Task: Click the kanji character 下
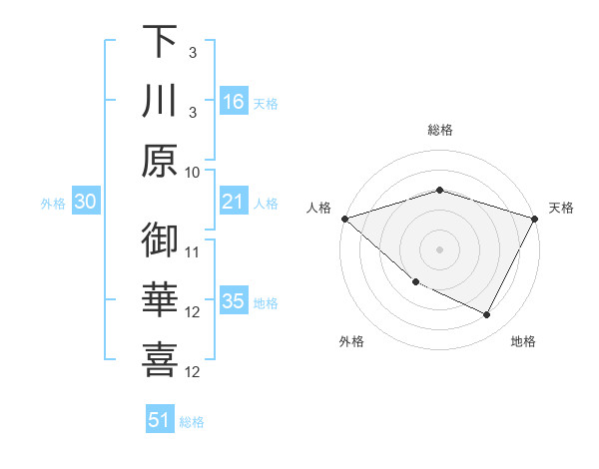click(x=160, y=42)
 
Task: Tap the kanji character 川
click(x=160, y=102)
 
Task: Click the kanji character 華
click(x=160, y=302)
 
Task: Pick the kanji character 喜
click(x=160, y=362)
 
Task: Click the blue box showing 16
click(x=233, y=102)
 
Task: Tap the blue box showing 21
click(x=233, y=203)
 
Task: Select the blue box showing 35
click(x=233, y=302)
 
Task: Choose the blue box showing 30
click(x=85, y=203)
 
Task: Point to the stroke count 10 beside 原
click(x=194, y=171)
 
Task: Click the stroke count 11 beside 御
click(x=194, y=251)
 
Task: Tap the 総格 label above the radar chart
click(x=439, y=130)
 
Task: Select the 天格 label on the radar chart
click(x=561, y=208)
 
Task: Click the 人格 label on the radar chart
click(x=318, y=208)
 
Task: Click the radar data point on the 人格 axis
click(x=344, y=219)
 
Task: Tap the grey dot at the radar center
click(x=439, y=249)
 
